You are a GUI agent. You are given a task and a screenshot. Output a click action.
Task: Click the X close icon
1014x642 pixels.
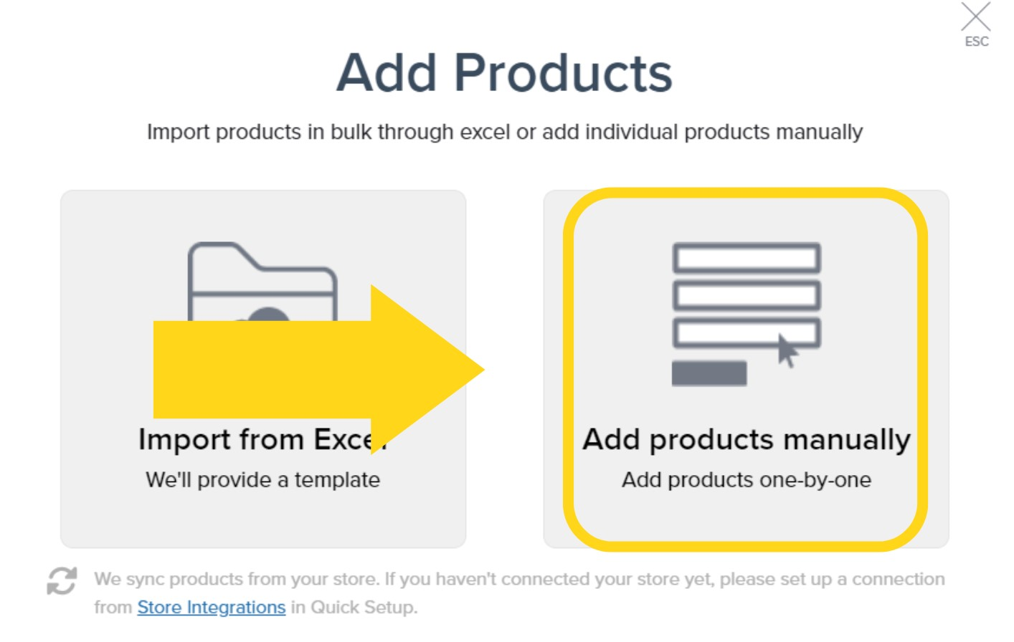(x=975, y=16)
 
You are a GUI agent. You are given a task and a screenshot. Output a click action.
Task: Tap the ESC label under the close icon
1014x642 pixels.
(x=977, y=42)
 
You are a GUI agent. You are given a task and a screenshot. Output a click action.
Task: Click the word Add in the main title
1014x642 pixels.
(x=387, y=73)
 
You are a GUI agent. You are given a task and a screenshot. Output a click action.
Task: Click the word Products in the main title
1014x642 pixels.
(x=563, y=73)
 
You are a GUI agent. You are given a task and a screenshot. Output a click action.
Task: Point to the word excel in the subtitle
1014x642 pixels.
(x=485, y=132)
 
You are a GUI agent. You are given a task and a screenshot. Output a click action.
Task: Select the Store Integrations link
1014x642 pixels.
(x=212, y=608)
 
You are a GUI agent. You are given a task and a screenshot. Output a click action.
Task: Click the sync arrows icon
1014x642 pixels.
(x=62, y=580)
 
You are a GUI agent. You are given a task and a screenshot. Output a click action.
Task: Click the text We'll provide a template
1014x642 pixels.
(x=262, y=480)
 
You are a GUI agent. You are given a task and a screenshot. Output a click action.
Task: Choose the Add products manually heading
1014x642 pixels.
(x=746, y=439)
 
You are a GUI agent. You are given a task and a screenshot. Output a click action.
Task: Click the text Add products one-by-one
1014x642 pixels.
(x=746, y=480)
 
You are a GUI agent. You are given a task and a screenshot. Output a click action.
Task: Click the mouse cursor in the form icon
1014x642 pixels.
(x=787, y=351)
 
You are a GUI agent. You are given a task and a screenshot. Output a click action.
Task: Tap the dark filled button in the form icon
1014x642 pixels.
(x=709, y=373)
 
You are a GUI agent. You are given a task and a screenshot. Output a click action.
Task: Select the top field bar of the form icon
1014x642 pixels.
(x=746, y=258)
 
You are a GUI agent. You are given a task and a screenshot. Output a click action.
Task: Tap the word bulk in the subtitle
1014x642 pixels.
(x=351, y=132)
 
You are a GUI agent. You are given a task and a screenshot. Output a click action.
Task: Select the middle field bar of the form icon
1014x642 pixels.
(x=746, y=295)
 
